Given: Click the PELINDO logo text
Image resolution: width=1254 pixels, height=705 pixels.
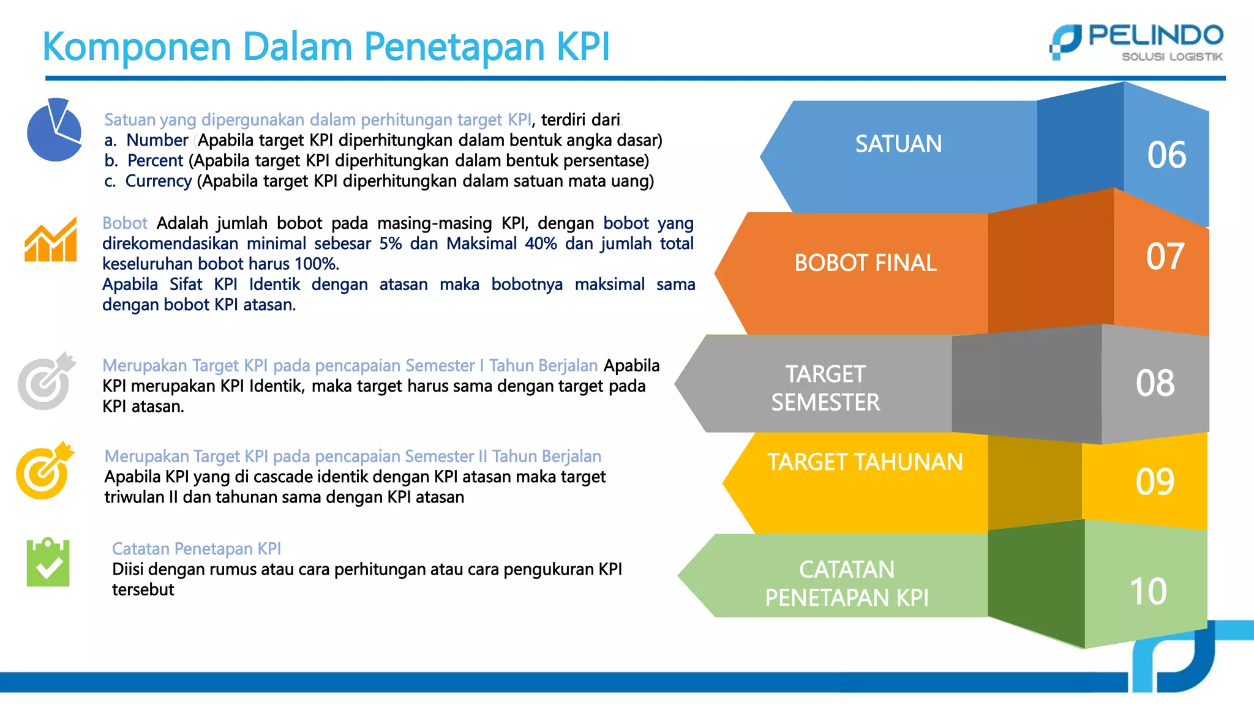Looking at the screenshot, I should (x=1155, y=35).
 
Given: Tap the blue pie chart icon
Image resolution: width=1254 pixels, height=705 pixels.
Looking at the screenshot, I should (x=54, y=130).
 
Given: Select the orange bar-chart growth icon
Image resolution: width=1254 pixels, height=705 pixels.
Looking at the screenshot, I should (x=51, y=240).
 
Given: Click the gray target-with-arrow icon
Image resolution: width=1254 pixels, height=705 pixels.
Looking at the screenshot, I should (x=46, y=381).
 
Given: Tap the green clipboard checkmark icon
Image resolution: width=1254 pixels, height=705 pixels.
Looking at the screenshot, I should (x=48, y=562).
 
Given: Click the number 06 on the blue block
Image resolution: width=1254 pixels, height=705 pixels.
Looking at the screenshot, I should (x=1166, y=155).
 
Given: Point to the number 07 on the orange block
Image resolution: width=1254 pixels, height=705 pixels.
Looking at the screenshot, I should (x=1165, y=256).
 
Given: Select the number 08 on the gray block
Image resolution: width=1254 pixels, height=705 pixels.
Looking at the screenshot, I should (x=1155, y=383).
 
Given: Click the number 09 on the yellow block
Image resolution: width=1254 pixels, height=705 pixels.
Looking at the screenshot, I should (x=1155, y=482).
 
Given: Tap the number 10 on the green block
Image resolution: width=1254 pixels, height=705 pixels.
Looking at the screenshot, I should (x=1148, y=592).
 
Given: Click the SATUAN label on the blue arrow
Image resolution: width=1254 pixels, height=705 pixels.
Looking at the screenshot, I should (x=898, y=144).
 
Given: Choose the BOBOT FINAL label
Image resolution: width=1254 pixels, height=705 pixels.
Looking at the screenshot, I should (x=865, y=263).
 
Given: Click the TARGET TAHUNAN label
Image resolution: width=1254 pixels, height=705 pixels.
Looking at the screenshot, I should (x=865, y=462).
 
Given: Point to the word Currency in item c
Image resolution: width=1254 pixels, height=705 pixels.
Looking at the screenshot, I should (x=159, y=181).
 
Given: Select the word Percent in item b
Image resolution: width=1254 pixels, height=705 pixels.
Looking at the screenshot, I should (x=155, y=161).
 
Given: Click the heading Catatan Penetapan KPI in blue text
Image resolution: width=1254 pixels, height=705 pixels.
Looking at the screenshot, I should (x=196, y=548).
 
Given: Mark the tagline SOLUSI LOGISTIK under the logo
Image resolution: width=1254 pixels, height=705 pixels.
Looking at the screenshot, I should (x=1171, y=57).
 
